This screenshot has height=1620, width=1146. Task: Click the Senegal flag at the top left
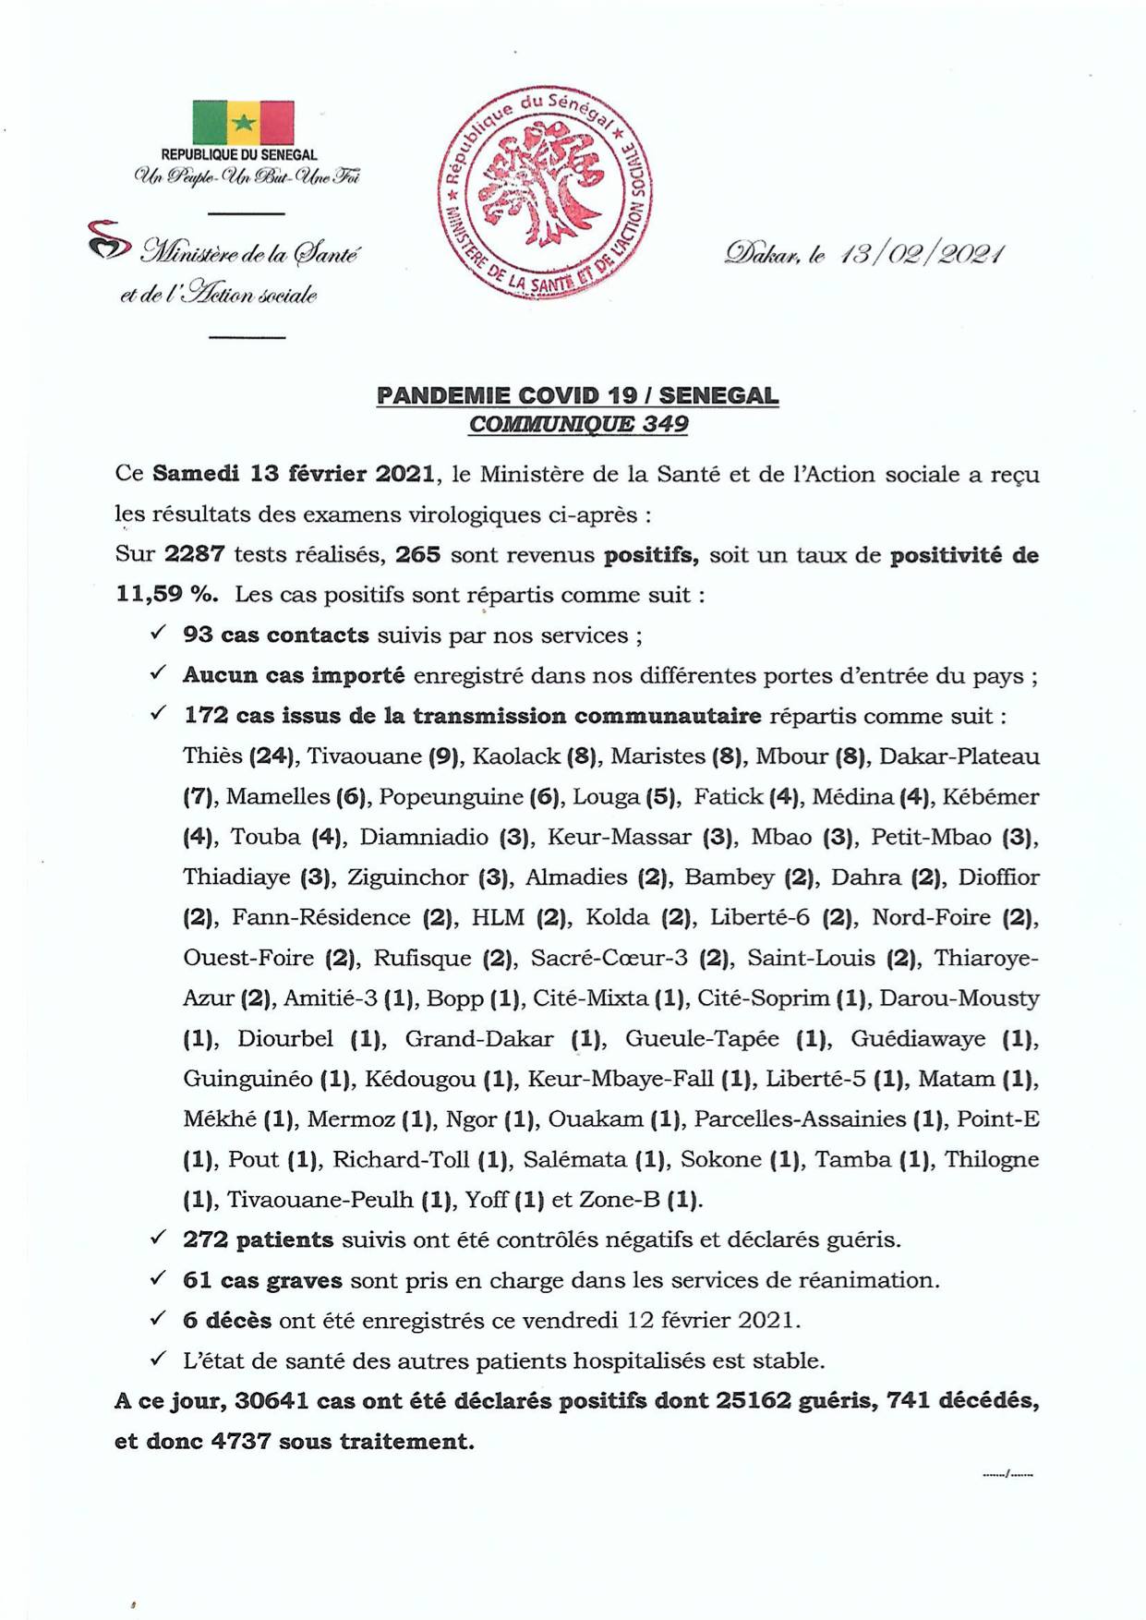(243, 123)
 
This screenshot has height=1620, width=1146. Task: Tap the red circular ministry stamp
(544, 193)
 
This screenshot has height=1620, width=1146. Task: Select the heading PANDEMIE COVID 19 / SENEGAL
(577, 396)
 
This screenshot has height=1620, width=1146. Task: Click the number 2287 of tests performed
(194, 555)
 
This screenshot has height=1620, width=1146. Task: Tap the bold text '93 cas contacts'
(275, 635)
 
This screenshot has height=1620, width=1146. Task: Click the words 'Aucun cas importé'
(294, 676)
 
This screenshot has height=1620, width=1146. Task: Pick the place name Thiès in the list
(211, 756)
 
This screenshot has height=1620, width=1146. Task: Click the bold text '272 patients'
(258, 1240)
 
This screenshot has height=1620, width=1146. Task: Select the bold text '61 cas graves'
(262, 1281)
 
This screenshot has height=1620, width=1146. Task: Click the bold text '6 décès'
(227, 1321)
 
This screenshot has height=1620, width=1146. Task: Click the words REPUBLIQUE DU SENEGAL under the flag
(239, 155)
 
